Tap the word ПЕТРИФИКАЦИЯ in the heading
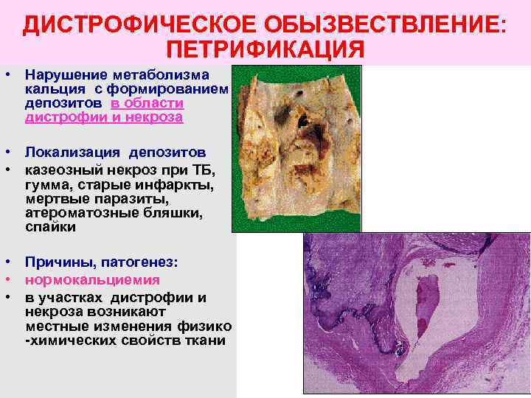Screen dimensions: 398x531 (x=265, y=50)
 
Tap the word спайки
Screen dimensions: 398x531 (x=50, y=228)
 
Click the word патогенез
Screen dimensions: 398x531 (x=139, y=262)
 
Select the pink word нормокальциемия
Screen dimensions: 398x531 (x=92, y=280)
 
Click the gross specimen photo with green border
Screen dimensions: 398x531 (x=296, y=148)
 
